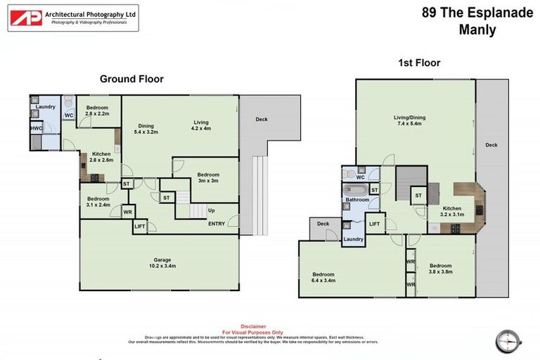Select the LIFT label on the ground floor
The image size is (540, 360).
click(139, 226)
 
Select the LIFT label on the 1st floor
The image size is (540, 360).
click(375, 224)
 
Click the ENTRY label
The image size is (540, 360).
click(217, 224)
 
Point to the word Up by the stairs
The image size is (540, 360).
click(210, 210)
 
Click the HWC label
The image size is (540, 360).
click(36, 129)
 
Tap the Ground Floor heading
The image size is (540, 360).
click(131, 79)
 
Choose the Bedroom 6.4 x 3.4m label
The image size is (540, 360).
click(324, 277)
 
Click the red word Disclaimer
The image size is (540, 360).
click(253, 326)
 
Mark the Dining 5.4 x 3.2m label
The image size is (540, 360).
click(147, 129)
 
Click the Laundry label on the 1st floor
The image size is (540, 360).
click(353, 239)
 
